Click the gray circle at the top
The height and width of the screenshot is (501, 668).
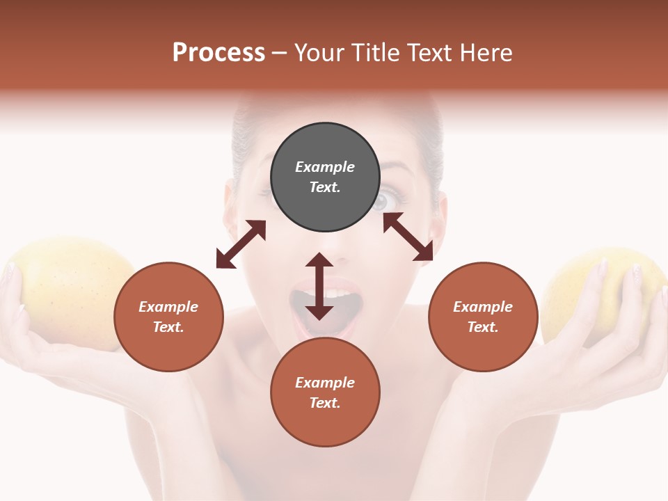point(325,177)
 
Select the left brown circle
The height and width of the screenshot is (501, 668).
point(168,317)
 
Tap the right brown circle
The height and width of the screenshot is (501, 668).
point(483,317)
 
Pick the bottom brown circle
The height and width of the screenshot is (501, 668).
point(325,392)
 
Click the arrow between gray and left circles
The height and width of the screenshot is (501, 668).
point(241,244)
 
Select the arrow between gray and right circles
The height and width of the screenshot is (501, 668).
point(408,237)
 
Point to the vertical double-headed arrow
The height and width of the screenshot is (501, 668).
point(319,287)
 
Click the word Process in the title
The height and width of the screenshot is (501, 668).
point(218,52)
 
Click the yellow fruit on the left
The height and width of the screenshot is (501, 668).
point(73,292)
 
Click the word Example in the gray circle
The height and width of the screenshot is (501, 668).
point(325,167)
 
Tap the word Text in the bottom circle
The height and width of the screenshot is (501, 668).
point(324,403)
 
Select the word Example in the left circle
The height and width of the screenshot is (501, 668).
point(168,307)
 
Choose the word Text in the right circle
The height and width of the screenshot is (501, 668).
point(482,327)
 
